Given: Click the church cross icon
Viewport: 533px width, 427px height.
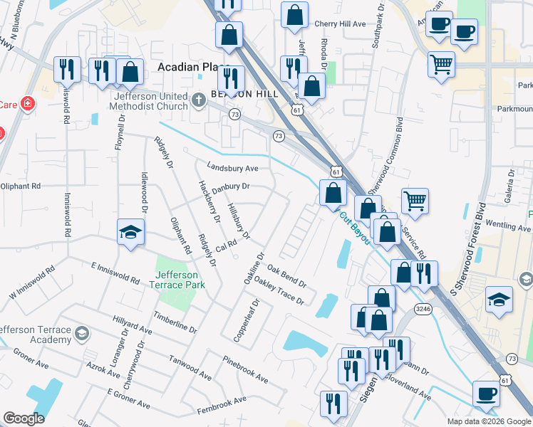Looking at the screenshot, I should [x=200, y=97].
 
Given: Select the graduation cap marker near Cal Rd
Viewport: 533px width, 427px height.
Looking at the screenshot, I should [x=130, y=232].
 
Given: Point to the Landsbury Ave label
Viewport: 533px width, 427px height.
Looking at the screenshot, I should [x=232, y=168].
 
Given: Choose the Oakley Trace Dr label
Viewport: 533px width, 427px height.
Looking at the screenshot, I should [x=279, y=291].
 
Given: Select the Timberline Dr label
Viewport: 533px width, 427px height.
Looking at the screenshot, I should [x=173, y=322].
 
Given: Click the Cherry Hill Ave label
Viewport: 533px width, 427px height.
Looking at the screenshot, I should [x=340, y=23].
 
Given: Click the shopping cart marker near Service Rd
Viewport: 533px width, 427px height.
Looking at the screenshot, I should [x=415, y=200].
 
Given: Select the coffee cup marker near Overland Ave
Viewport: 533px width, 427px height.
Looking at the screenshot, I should [x=487, y=392].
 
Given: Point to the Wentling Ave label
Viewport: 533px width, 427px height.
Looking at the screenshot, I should [x=509, y=228].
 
